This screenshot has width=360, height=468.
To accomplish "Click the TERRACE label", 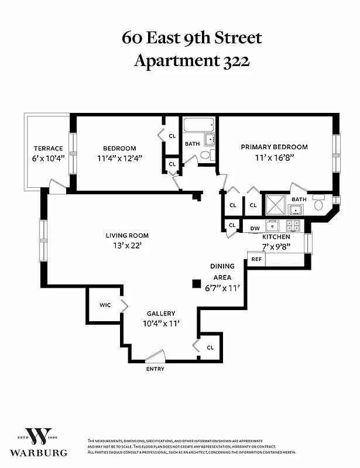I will [x=48, y=148].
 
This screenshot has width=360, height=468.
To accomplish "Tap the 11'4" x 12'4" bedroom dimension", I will [x=120, y=159].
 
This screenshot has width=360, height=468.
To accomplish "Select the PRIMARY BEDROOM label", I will [x=275, y=147].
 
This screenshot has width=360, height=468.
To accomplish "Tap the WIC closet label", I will [x=105, y=305].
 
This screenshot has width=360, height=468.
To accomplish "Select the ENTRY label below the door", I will [x=155, y=369].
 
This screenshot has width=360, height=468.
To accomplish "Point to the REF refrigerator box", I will [x=256, y=259].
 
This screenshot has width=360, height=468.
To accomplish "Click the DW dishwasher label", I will [x=255, y=228].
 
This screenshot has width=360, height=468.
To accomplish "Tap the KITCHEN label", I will [x=276, y=237].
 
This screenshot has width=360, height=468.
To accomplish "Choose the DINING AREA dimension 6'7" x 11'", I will [x=222, y=288].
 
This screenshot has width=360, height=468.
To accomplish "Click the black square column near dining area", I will [x=197, y=284].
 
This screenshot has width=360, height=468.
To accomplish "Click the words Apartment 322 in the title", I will [x=192, y=60].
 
